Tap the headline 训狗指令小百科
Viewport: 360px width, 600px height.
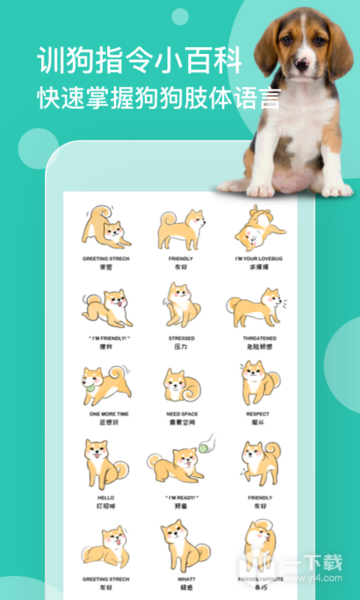139,61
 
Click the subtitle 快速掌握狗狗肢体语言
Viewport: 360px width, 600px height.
159,99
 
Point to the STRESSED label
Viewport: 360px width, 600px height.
181,338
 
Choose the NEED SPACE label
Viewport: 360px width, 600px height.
181,413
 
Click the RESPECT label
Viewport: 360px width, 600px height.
258,413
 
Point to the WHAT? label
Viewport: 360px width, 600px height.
181,578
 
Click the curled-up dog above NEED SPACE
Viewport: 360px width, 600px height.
181,385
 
